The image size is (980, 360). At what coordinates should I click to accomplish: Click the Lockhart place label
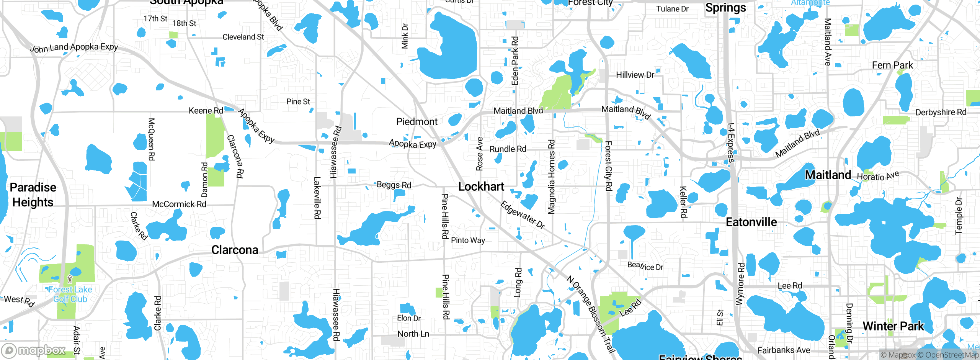coord(481,187)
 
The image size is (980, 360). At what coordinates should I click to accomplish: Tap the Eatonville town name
coord(751,222)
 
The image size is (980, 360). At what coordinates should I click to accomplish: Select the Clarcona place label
coord(235,250)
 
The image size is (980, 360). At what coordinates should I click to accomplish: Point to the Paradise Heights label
coord(33,195)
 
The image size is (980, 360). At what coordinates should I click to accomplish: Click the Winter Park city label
coord(893,326)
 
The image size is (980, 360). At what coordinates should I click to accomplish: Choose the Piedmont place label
coord(416,122)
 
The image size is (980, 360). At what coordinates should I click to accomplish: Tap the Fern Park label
coord(892,65)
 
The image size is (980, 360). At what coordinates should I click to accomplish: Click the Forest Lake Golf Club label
coord(70,294)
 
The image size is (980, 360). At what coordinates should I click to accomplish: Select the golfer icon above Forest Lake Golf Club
coord(70,279)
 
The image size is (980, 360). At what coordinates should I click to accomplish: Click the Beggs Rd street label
coord(394,185)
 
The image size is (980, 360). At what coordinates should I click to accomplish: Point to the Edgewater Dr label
coord(523,215)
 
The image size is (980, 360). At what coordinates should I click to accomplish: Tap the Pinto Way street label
coord(468,240)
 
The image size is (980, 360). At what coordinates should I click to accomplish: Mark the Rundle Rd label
coord(508,149)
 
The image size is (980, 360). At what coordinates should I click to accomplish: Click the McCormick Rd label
coord(179,204)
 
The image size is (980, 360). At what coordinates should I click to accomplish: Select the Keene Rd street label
coord(206,111)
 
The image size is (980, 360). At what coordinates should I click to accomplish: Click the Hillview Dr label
coord(635,75)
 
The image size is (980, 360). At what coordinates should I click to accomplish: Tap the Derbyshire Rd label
coord(941,112)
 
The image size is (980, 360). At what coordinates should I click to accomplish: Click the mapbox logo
coord(33,350)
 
